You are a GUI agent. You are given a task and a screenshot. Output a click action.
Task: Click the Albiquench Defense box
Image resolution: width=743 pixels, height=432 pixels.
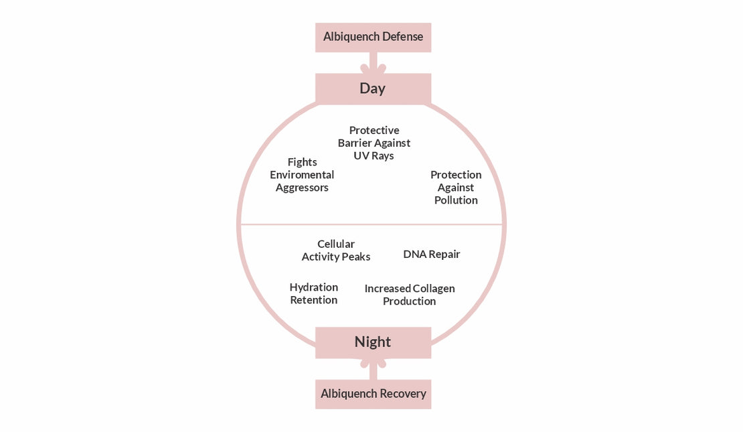click(x=373, y=37)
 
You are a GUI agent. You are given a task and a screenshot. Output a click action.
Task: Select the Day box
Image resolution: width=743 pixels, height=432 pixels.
click(x=373, y=88)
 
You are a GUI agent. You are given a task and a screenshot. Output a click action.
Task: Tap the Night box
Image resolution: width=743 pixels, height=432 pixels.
click(x=373, y=342)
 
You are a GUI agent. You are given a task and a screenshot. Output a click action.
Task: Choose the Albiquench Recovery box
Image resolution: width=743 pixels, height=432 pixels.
click(x=373, y=394)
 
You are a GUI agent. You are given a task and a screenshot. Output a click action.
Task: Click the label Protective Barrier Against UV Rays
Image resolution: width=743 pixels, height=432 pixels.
click(x=374, y=143)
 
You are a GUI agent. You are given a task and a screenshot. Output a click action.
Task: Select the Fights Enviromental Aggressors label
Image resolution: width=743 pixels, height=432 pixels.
click(x=302, y=175)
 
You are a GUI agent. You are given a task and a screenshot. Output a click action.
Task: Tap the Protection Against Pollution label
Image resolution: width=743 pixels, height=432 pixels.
click(x=456, y=188)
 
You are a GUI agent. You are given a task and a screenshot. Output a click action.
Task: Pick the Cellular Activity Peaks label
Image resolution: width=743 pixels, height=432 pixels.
click(x=336, y=250)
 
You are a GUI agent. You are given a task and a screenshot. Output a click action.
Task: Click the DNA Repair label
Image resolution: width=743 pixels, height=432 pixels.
click(x=432, y=255)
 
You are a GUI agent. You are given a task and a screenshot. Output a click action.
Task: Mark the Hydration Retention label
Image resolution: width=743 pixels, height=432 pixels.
click(x=313, y=293)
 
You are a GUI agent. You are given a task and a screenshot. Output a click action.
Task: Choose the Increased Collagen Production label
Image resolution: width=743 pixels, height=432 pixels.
click(x=410, y=295)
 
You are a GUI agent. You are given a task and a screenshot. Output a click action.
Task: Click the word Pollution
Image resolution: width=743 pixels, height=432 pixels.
click(x=456, y=200)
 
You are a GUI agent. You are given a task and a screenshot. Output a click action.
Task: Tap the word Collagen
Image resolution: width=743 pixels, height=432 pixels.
click(x=434, y=289)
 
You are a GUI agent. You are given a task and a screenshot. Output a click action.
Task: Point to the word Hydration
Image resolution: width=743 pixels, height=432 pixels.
click(x=313, y=287)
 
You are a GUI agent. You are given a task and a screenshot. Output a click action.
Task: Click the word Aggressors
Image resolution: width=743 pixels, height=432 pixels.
click(x=302, y=188)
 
